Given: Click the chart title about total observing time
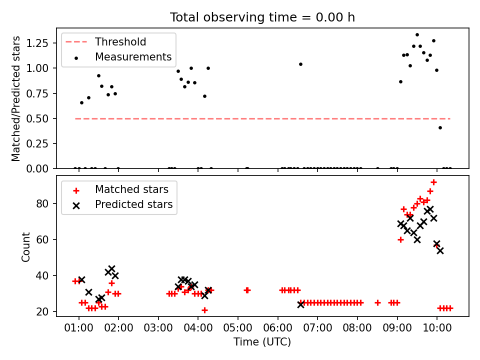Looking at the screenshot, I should pyautogui.click(x=262, y=17).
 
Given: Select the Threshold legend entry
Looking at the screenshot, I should pyautogui.click(x=120, y=41).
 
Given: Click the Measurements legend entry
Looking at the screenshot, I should pyautogui.click(x=133, y=57).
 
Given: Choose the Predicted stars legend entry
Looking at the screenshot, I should pyautogui.click(x=133, y=204).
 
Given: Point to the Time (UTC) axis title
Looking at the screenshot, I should pyautogui.click(x=262, y=342).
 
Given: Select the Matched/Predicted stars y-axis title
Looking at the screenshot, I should pyautogui.click(x=16, y=98).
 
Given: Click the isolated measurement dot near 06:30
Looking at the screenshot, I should pyautogui.click(x=300, y=64).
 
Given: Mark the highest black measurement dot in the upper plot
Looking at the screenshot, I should pyautogui.click(x=417, y=35).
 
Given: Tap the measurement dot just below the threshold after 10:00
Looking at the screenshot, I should pyautogui.click(x=440, y=127).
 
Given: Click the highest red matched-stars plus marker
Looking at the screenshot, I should pyautogui.click(x=433, y=182).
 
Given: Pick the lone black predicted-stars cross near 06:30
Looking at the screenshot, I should pyautogui.click(x=300, y=304).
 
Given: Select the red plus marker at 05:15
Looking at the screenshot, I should pyautogui.click(x=247, y=290).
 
